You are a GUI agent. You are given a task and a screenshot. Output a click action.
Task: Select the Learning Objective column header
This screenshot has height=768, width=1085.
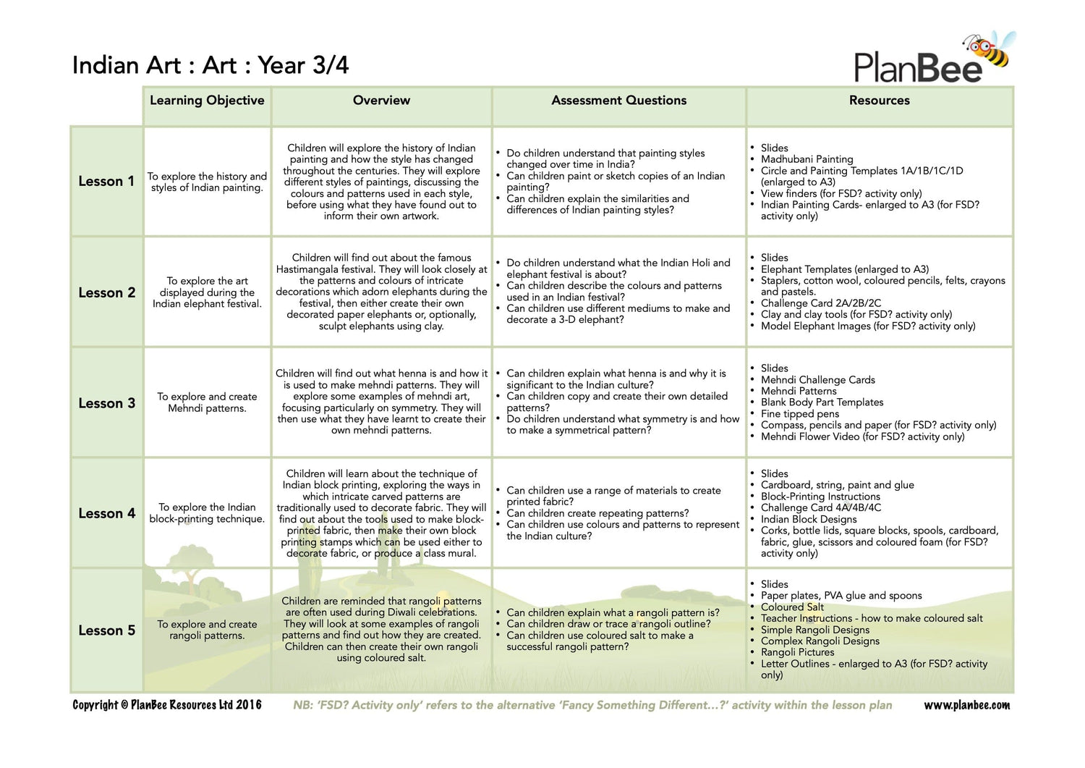pos(207,101)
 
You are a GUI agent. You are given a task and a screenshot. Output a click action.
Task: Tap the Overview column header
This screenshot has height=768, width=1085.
pos(381,101)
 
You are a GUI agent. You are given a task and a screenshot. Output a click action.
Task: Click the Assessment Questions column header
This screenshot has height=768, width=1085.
pos(618,101)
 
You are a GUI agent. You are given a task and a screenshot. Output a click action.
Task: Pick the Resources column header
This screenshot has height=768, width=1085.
pos(879,101)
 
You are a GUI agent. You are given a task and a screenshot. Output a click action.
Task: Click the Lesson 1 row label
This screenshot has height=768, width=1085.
pos(106,182)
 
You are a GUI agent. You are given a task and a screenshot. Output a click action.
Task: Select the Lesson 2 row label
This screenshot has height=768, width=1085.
pos(106,293)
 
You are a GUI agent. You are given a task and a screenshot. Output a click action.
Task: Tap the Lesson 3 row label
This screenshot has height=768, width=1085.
pos(106,404)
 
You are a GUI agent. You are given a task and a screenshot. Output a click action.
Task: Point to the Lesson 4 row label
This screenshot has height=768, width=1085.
pos(106,514)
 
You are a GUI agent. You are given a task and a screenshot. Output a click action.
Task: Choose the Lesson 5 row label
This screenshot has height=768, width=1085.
pos(106,631)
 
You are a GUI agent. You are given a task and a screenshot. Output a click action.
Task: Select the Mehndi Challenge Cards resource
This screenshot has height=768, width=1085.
pos(817,380)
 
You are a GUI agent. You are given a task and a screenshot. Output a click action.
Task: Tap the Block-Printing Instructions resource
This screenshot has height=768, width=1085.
pos(820,497)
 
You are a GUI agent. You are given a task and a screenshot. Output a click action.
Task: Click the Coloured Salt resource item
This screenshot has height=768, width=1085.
pos(792,607)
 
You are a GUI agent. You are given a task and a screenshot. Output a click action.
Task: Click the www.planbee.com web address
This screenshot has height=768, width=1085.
pos(966,705)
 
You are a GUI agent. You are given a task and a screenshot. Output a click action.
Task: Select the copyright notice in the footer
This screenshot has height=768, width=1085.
pos(167,705)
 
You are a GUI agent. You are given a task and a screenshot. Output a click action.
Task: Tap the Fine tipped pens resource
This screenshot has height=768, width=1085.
pos(799,414)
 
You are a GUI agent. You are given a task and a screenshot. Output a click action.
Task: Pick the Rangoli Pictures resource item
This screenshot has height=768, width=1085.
pos(797,652)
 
